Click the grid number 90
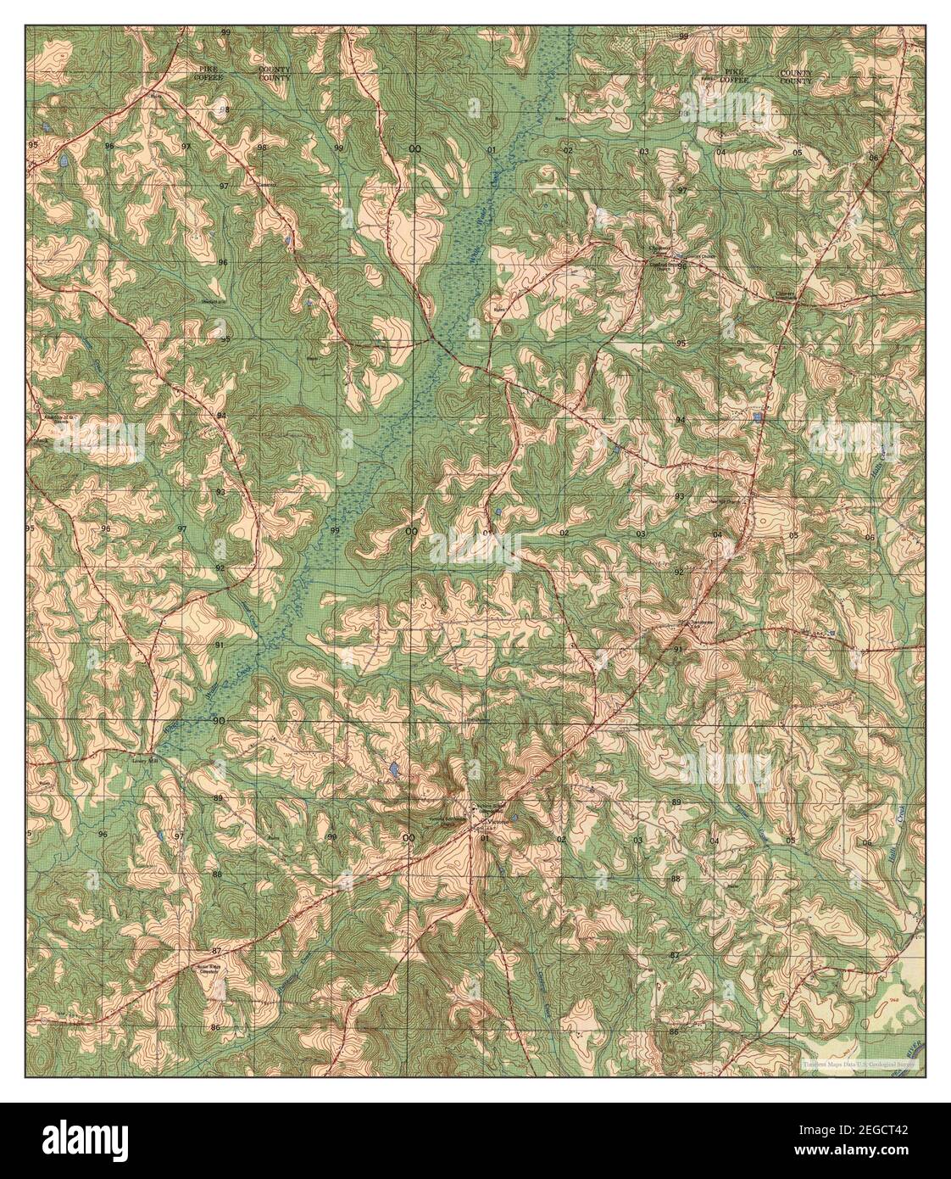tap(220, 721)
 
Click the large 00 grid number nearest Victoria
tap(410, 838)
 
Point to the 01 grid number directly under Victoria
tap(485, 839)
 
